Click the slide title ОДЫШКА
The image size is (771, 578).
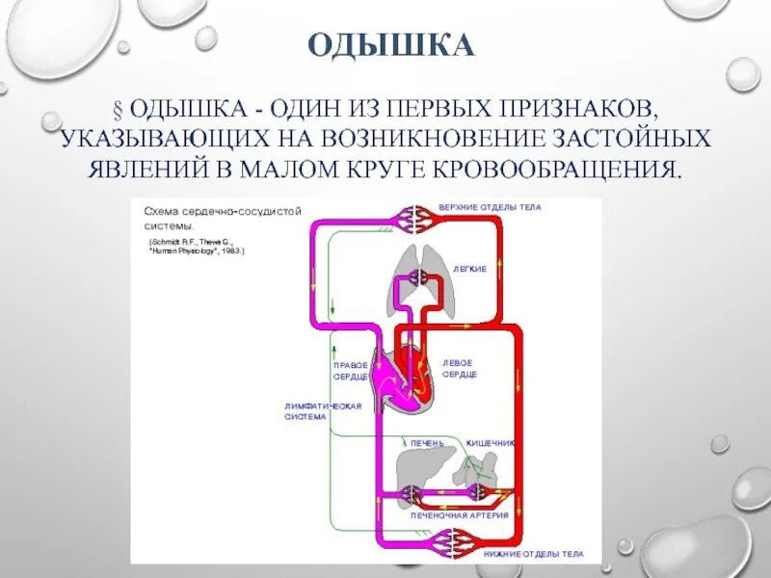tap(391, 45)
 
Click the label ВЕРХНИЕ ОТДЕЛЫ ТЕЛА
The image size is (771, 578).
tap(490, 207)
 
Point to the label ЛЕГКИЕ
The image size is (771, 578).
tap(470, 269)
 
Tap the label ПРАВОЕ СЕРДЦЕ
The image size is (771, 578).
tap(350, 370)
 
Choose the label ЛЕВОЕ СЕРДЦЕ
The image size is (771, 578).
tap(459, 367)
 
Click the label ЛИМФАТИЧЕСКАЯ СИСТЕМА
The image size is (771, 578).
tap(322, 411)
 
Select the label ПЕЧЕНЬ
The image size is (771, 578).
tap(427, 443)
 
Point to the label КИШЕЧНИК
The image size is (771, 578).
tap(491, 443)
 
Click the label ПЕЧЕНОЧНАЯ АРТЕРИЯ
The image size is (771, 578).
tap(459, 516)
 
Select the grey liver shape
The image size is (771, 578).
tap(417, 467)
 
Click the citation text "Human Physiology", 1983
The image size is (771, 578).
tap(198, 250)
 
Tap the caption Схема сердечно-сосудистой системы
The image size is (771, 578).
tap(223, 216)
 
